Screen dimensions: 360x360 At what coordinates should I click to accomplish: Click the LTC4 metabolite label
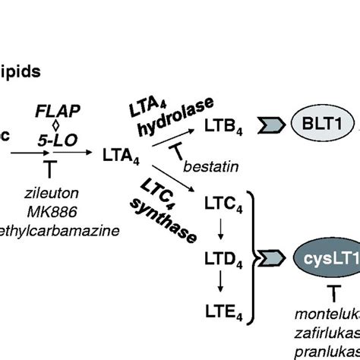point(222,203)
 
